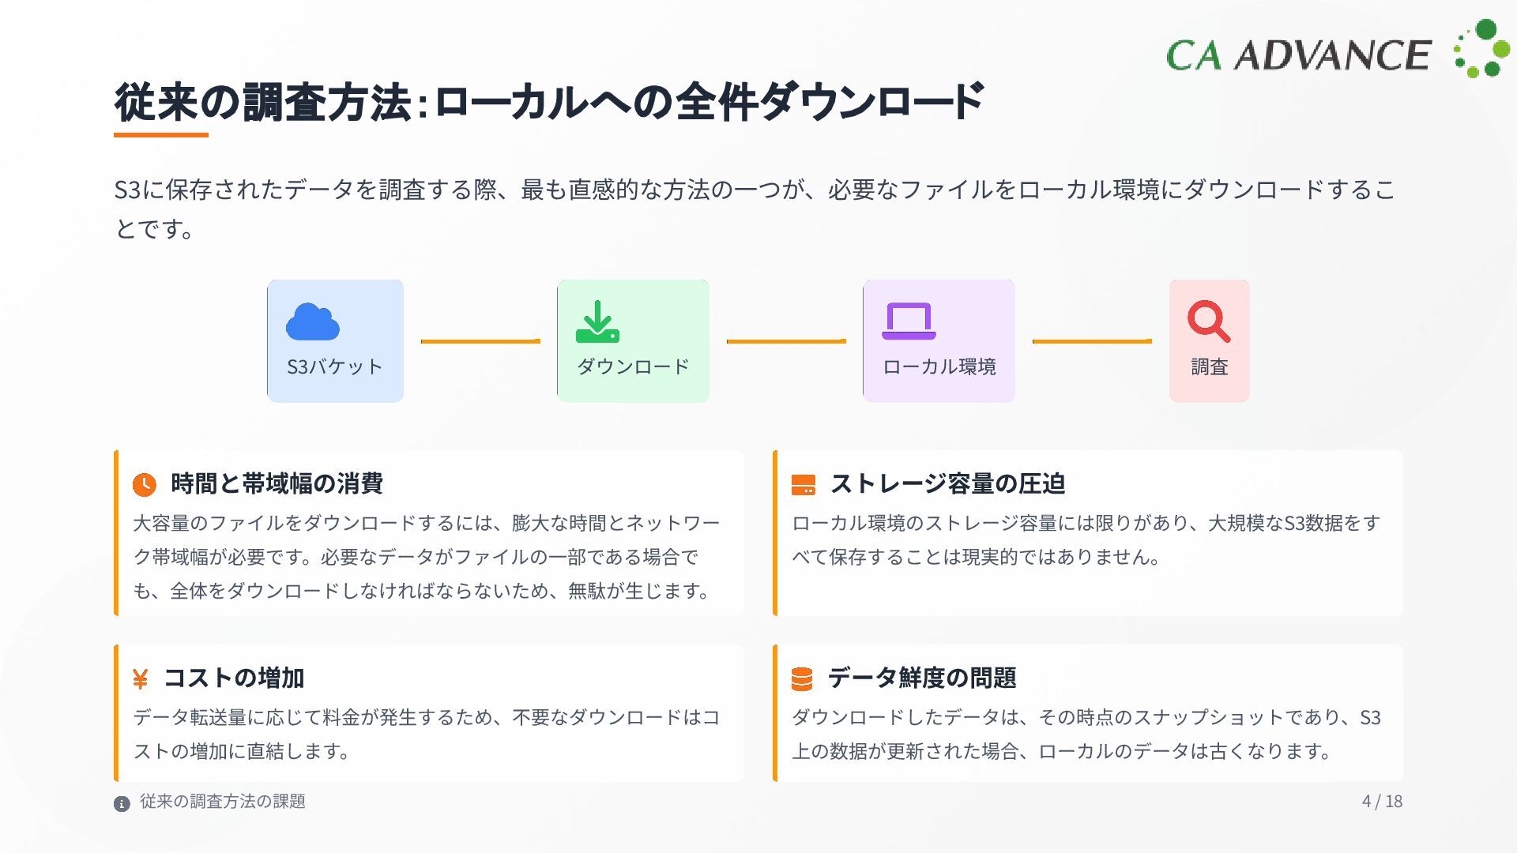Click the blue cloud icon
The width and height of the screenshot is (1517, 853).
[x=313, y=322]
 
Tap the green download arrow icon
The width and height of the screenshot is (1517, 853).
[x=597, y=321]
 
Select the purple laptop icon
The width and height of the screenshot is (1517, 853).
[x=909, y=321]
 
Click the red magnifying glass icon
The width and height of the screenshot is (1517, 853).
[x=1208, y=321]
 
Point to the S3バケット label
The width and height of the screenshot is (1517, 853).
[x=335, y=367]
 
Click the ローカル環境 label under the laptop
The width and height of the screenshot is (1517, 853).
[x=939, y=367]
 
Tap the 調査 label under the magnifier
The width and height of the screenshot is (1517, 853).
[x=1209, y=367]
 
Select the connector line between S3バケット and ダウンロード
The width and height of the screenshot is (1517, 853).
[x=480, y=341]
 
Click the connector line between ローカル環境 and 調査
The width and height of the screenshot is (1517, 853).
[x=1092, y=341]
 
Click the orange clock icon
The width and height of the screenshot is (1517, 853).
[x=144, y=484]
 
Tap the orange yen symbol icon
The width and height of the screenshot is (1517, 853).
[x=141, y=679]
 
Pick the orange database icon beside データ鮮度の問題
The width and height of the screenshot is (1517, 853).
[x=802, y=679]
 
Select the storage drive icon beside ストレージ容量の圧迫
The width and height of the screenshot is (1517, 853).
[x=803, y=485]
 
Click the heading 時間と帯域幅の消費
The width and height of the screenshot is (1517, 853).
[x=277, y=483]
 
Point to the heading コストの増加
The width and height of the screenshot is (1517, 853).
[x=234, y=678]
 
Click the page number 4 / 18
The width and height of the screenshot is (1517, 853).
[x=1382, y=801]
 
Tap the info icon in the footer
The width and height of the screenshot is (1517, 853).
[x=122, y=804]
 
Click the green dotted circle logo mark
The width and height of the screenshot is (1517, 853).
[x=1481, y=49]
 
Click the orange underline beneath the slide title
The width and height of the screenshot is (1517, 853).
[x=161, y=135]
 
